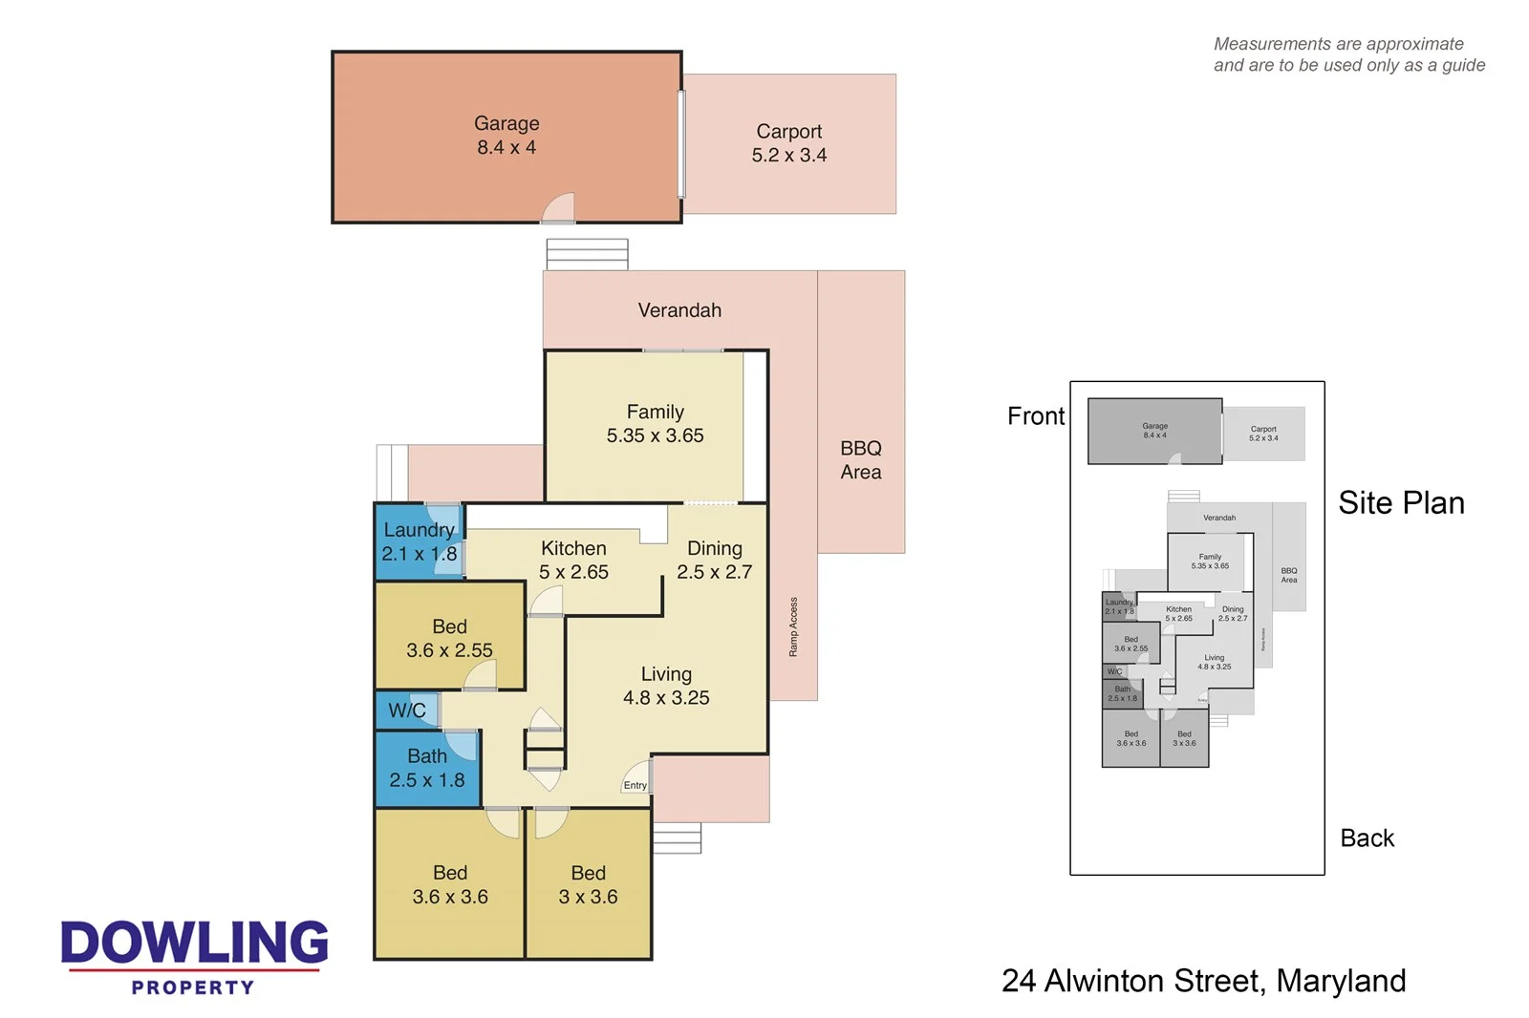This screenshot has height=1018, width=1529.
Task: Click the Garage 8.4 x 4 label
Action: click(x=506, y=136)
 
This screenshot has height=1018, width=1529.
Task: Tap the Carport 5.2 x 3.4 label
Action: click(x=788, y=143)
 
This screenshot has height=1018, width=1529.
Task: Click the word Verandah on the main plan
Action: click(x=679, y=310)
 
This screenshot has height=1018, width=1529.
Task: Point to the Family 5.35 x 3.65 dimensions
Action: click(x=655, y=435)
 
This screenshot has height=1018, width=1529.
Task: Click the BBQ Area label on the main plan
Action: click(x=860, y=460)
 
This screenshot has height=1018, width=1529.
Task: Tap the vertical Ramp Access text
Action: click(x=793, y=626)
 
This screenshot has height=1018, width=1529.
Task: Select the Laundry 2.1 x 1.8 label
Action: click(x=419, y=541)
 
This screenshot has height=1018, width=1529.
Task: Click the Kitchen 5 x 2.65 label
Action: click(x=573, y=561)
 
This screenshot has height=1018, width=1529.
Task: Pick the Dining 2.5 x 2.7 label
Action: click(x=714, y=561)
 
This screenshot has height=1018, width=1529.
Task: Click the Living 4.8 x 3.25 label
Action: click(x=666, y=686)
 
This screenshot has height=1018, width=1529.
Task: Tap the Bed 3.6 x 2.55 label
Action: click(x=449, y=639)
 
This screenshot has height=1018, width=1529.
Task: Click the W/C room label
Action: click(x=407, y=710)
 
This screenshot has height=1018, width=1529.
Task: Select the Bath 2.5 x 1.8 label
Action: click(x=426, y=769)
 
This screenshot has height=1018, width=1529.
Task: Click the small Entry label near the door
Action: click(x=635, y=786)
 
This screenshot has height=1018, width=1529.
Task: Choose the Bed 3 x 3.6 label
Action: click(x=588, y=885)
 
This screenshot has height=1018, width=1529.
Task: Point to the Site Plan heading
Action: click(x=1401, y=503)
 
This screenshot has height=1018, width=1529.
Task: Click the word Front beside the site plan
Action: click(x=1035, y=416)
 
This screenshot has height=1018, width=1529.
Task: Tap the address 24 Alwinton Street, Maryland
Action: click(x=1203, y=981)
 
